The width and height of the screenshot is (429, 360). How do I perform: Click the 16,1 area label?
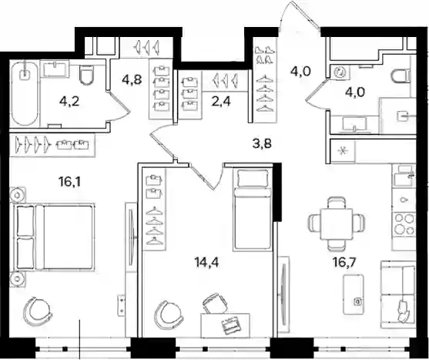69,181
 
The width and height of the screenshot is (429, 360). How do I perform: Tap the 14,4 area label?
206,262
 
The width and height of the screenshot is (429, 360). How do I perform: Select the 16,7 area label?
344,262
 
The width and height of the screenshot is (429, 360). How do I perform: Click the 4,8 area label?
132,79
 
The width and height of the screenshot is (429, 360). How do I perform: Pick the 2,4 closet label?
221,102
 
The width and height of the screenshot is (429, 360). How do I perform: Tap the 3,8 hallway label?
262,143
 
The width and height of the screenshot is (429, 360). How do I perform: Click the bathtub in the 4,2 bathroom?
25,93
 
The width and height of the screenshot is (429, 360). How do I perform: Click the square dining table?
337,224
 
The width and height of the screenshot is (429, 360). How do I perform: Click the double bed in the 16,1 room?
54,237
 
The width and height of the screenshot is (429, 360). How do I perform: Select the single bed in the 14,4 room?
253,209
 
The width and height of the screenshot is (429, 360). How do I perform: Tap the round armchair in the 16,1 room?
36,311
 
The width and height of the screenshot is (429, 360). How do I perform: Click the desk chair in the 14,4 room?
214,303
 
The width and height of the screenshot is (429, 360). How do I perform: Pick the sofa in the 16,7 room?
398,294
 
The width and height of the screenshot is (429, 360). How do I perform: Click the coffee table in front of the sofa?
354,294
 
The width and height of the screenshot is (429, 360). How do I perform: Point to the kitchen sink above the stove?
404,175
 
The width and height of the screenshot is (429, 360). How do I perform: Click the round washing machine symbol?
340,72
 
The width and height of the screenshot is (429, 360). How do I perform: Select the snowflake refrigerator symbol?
342,151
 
